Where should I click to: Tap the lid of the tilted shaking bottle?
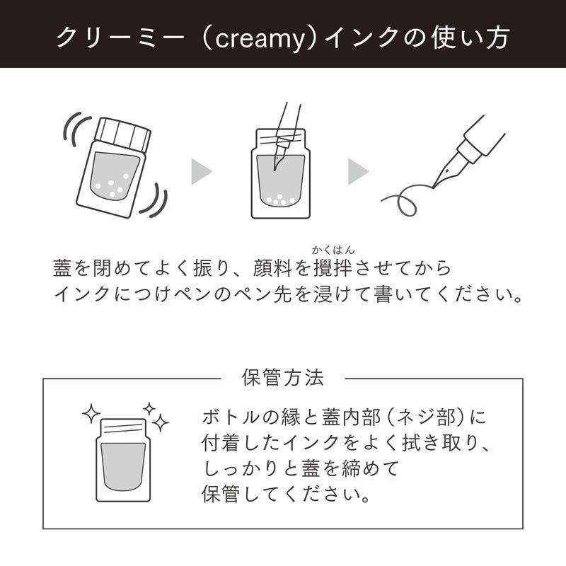coord(122,134)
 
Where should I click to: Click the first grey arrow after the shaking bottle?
coord(202,171)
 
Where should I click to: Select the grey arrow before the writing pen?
coord(358,171)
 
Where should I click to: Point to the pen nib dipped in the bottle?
coord(278,156)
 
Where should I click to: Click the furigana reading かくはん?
coord(333,250)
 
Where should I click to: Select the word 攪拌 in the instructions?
coord(333,268)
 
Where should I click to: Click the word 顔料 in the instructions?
coord(273,268)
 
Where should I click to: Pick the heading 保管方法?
coord(282,378)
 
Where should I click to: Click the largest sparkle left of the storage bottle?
coord(91,413)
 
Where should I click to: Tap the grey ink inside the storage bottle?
coord(122,466)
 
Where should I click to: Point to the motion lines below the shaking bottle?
coord(156,202)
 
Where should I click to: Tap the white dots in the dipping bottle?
coord(279,200)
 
